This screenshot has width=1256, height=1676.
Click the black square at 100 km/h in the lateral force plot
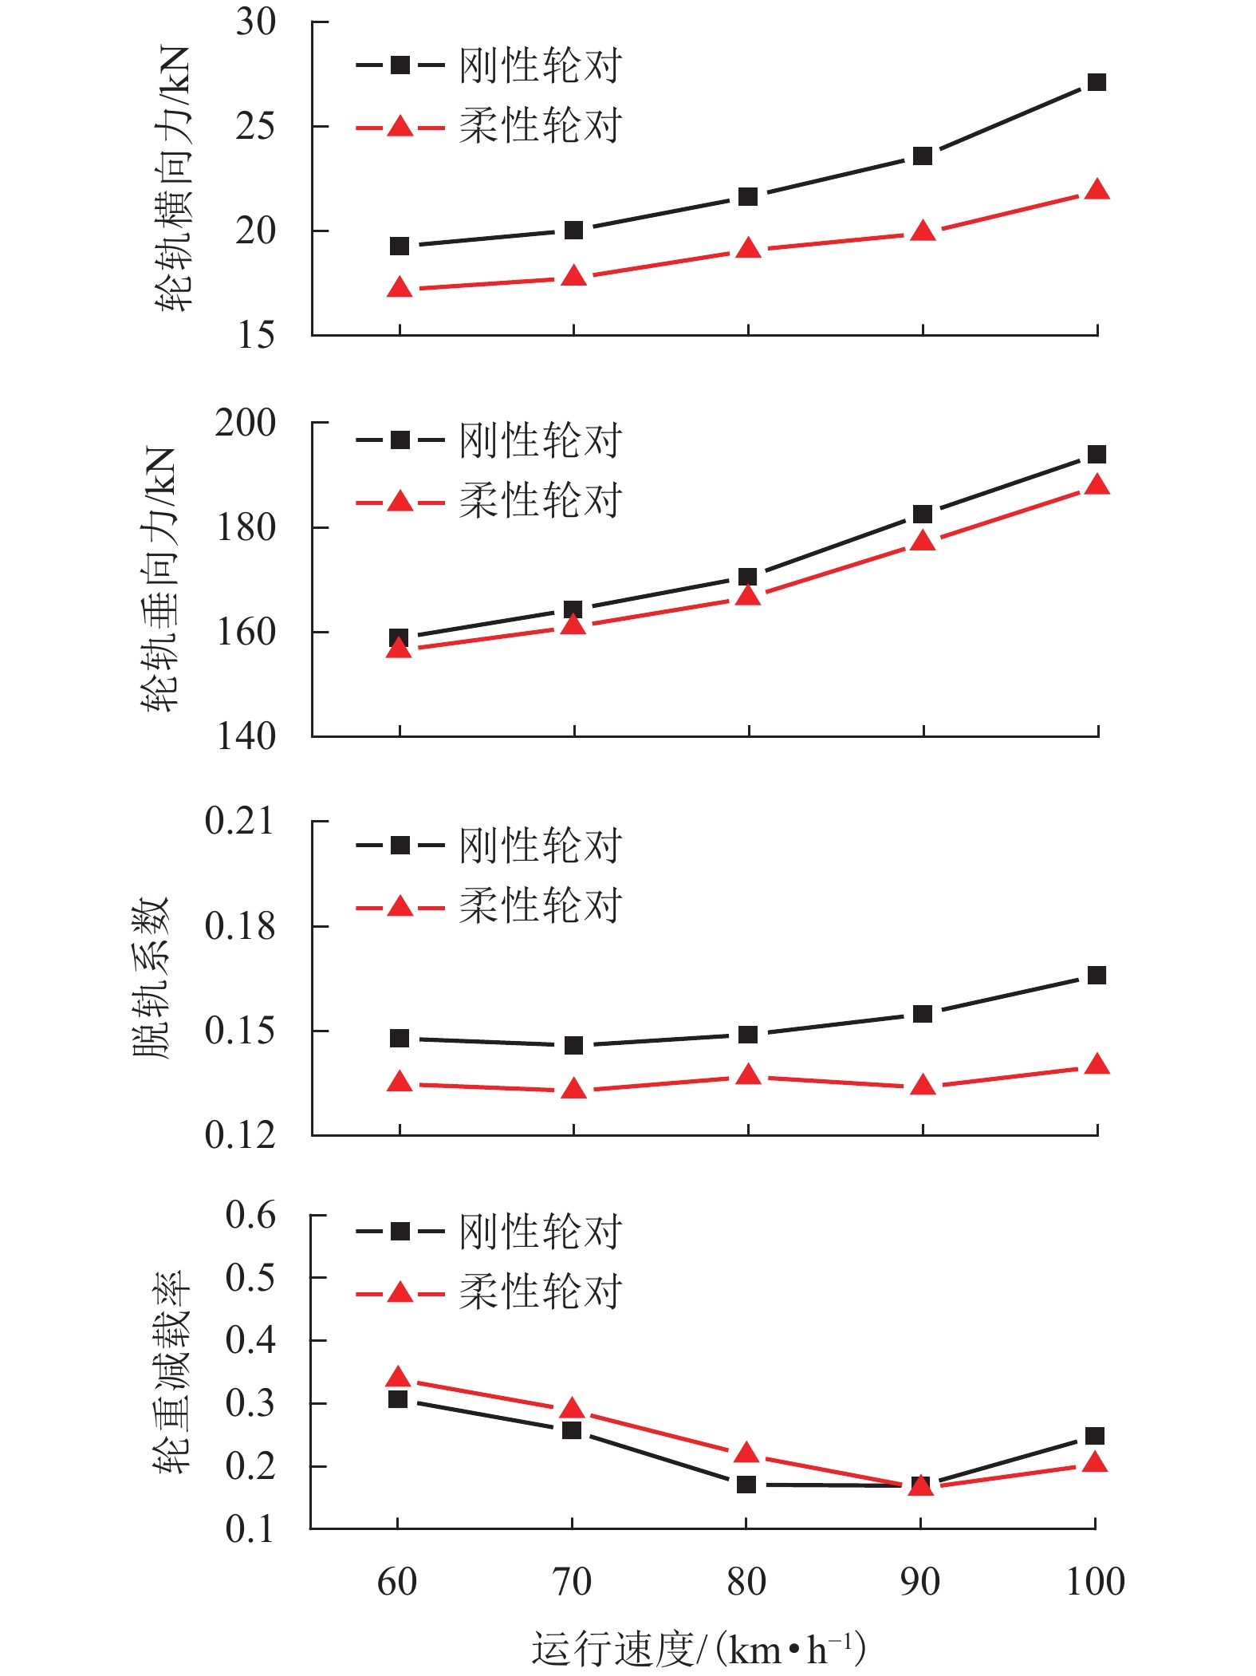[x=1097, y=82]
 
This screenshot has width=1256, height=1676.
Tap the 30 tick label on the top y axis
[x=255, y=22]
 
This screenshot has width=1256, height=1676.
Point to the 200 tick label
[x=245, y=423]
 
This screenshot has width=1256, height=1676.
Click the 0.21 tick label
[x=239, y=821]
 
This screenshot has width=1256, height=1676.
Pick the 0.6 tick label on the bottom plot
[x=250, y=1215]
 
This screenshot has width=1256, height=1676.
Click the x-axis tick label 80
[x=746, y=1581]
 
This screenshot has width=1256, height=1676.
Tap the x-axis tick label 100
[x=1095, y=1581]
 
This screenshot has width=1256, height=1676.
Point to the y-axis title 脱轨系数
[x=152, y=977]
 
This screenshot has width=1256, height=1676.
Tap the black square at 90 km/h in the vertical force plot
[x=923, y=515]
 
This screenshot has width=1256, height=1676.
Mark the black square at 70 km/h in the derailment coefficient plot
[x=573, y=1045]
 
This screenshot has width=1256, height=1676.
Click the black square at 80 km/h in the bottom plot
[x=746, y=1485]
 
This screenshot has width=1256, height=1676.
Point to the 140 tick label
[x=246, y=736]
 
